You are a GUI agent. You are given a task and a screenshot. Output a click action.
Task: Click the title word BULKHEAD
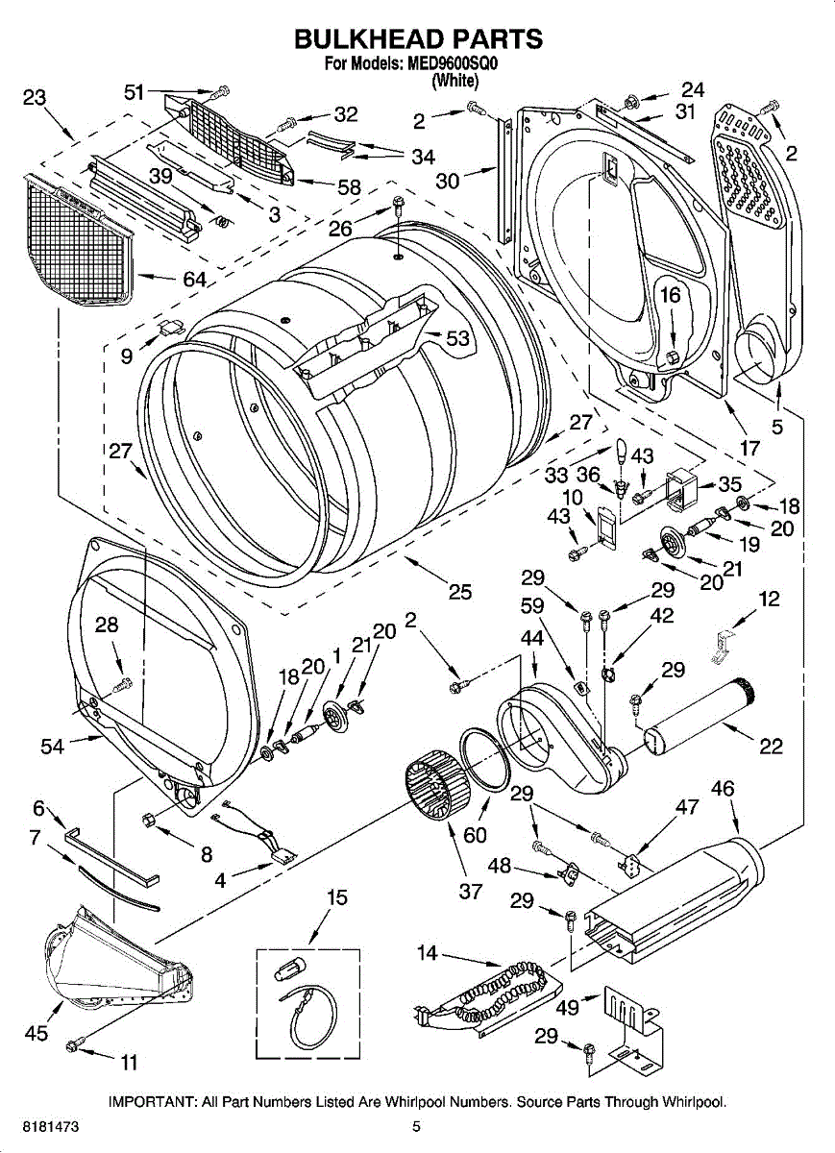point(366,38)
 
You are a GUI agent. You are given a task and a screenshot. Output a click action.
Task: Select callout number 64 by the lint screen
point(195,280)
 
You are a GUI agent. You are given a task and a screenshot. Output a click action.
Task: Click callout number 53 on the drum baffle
point(457,338)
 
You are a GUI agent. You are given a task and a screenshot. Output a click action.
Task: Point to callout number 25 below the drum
point(459,592)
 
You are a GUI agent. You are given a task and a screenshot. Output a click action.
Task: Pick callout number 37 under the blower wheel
point(470,891)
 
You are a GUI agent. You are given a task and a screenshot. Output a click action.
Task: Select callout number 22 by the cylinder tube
point(771,746)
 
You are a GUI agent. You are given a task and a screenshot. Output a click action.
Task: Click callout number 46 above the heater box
point(723,788)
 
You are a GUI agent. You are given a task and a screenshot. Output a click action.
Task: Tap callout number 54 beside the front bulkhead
point(52,746)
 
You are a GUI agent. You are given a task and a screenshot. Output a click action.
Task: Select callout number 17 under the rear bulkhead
point(749,449)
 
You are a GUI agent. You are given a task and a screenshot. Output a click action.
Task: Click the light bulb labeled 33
point(622,452)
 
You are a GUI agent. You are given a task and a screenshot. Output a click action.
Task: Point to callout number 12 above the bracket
point(769,599)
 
